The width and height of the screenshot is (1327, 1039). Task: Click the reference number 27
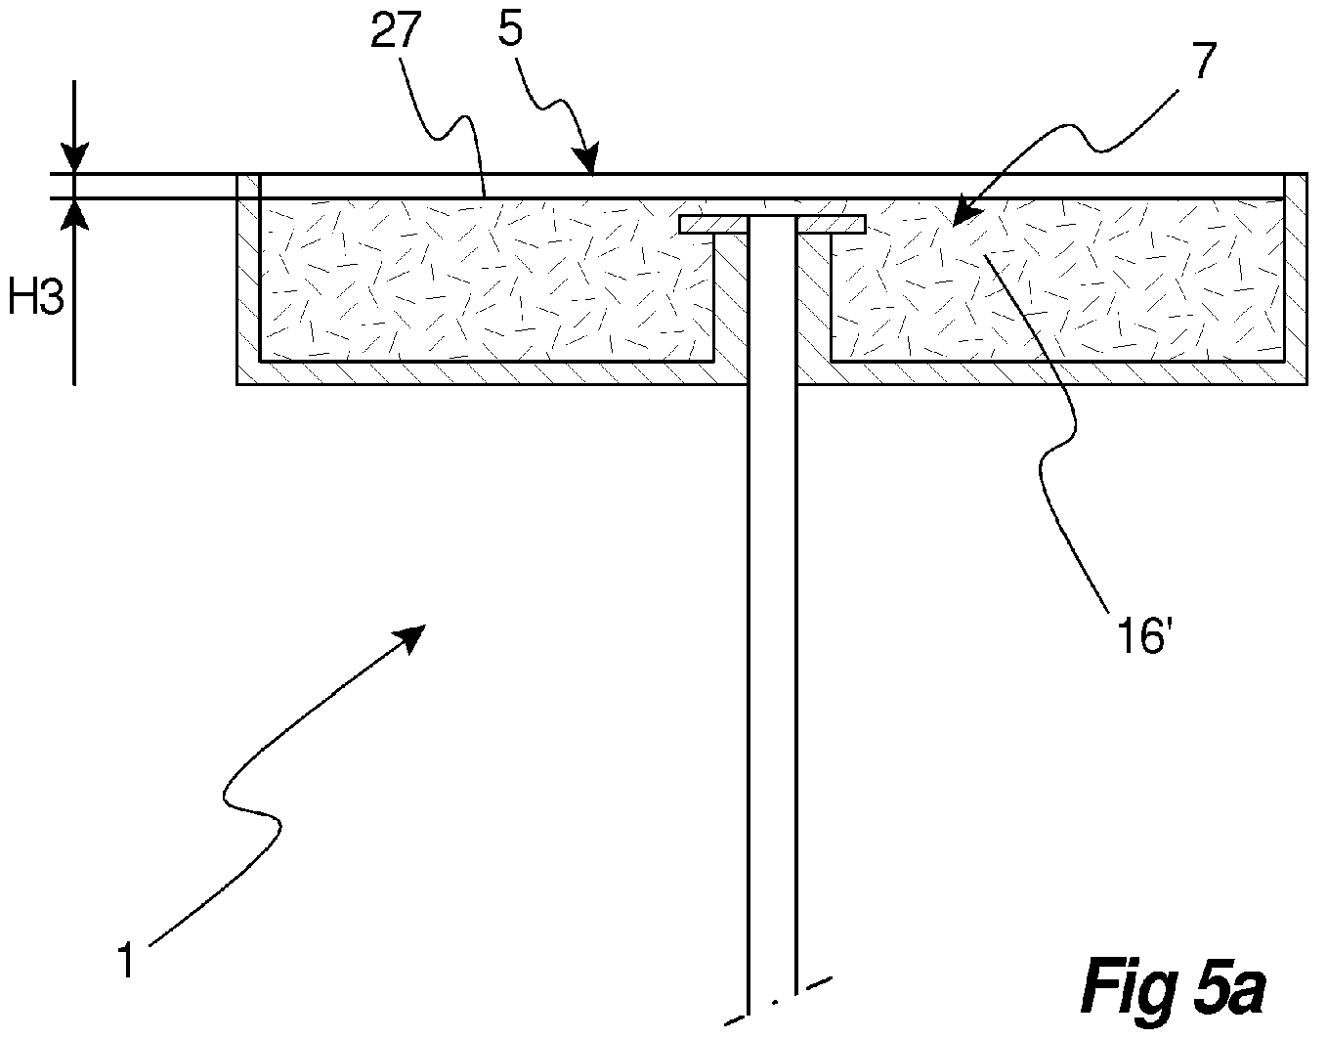pos(396,30)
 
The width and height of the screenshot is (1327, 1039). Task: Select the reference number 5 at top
pos(510,28)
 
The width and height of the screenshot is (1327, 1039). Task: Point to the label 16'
pos(1140,636)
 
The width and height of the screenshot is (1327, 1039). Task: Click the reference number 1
pos(126,961)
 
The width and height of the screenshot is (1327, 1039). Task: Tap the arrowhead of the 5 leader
pos(587,159)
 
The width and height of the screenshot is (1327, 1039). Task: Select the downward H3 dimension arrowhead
pos(74,157)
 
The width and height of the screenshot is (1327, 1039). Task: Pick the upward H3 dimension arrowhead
pos(74,214)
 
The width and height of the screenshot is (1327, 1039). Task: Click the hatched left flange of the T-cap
pos(714,225)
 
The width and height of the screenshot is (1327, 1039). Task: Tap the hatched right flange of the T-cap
pos(832,225)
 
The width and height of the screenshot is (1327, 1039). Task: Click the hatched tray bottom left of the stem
pos(492,373)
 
